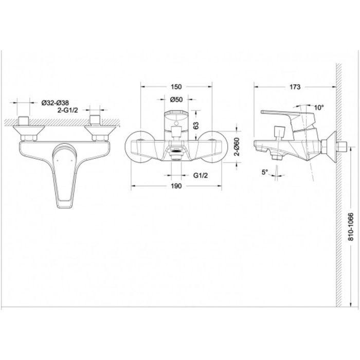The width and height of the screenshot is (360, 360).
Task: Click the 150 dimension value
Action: pos(176,87)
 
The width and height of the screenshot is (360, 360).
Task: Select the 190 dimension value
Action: pos(176,186)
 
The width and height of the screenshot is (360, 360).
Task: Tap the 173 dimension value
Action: pos(295,87)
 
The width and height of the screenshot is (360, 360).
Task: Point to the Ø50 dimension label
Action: pos(176,99)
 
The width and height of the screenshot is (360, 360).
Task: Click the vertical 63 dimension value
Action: pos(196,125)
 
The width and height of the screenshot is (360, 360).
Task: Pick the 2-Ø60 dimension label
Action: pos(237,147)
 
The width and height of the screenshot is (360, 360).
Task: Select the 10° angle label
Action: pos(319,107)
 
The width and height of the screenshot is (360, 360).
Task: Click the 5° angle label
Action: pos(265,172)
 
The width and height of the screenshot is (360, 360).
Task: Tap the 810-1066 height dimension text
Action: pos(351,227)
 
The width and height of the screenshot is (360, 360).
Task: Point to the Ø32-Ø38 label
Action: pos(55,103)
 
